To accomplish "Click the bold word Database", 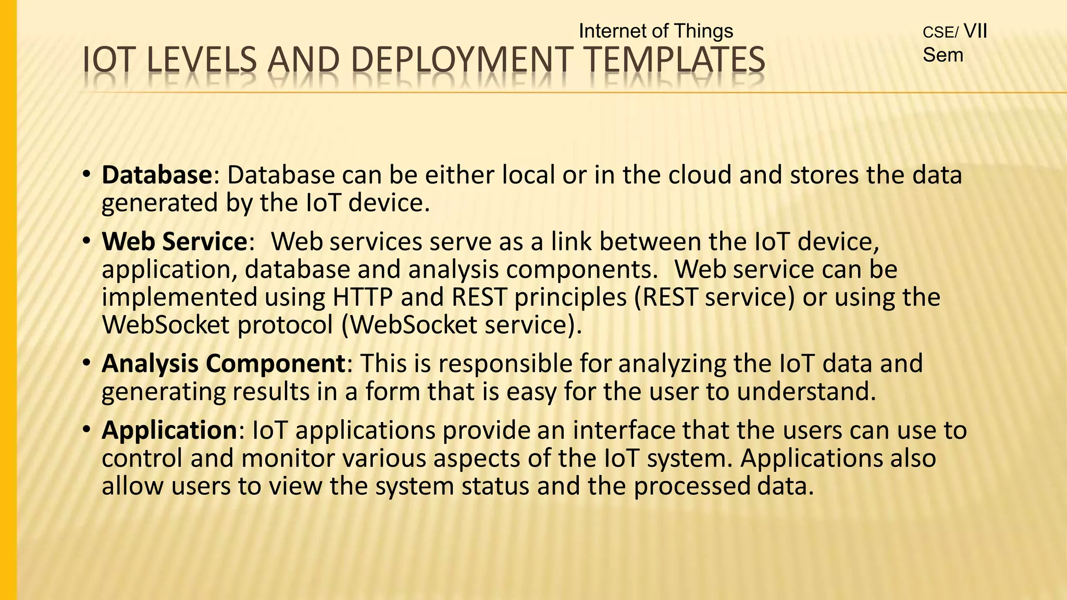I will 156,175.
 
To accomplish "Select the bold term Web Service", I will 174,242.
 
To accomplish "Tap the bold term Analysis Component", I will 223,364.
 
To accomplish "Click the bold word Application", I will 169,430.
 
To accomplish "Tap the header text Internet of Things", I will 655,31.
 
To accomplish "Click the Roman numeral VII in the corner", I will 975,31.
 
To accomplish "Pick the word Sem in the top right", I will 942,55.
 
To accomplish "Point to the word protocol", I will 285,325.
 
